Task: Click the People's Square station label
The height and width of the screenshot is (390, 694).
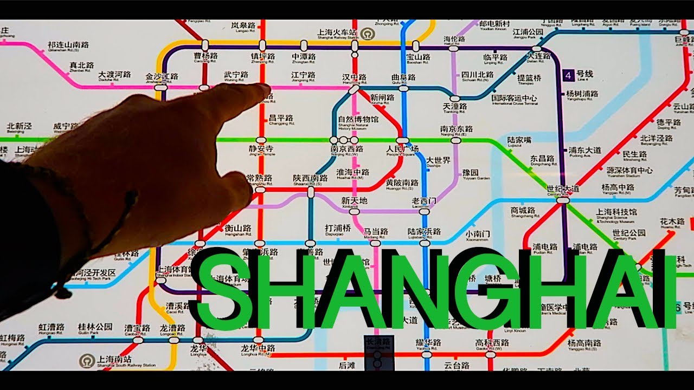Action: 402,149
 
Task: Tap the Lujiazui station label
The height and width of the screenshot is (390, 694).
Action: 519,141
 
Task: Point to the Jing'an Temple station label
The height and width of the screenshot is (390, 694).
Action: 261,149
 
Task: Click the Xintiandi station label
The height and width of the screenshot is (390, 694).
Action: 354,202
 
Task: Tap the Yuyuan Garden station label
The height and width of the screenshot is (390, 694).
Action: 470,174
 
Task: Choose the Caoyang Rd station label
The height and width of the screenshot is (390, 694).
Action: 205,57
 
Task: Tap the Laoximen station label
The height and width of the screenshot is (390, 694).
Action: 423,202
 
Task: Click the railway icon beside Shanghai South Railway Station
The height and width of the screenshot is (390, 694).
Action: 85,361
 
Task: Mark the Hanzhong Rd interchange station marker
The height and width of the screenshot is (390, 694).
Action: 354,88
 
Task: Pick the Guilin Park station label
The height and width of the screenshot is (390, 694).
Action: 95,328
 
